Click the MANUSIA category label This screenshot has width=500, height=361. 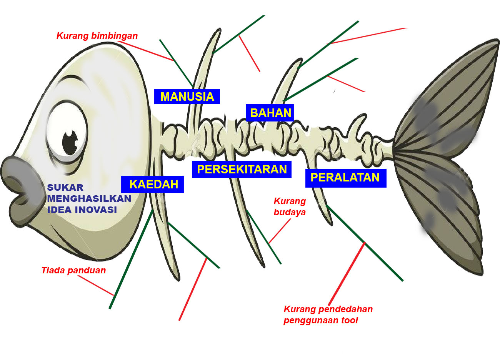coord(187,96)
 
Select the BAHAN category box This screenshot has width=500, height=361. coord(270,113)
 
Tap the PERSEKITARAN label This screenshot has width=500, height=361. coord(242,170)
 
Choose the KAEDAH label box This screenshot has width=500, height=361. coord(153,185)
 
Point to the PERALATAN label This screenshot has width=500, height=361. coord(345,178)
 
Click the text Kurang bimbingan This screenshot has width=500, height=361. coord(97,36)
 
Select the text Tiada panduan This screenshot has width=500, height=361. coord(73,270)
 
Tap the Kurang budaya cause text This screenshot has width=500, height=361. coord(290,206)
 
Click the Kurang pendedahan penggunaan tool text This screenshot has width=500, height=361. coord(328,314)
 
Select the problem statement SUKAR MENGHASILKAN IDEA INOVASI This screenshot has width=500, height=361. coord(88,199)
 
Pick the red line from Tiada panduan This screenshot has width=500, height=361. coord(96,285)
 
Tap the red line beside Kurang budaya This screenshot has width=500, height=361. coord(280,231)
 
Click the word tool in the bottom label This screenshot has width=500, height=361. coord(350,320)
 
